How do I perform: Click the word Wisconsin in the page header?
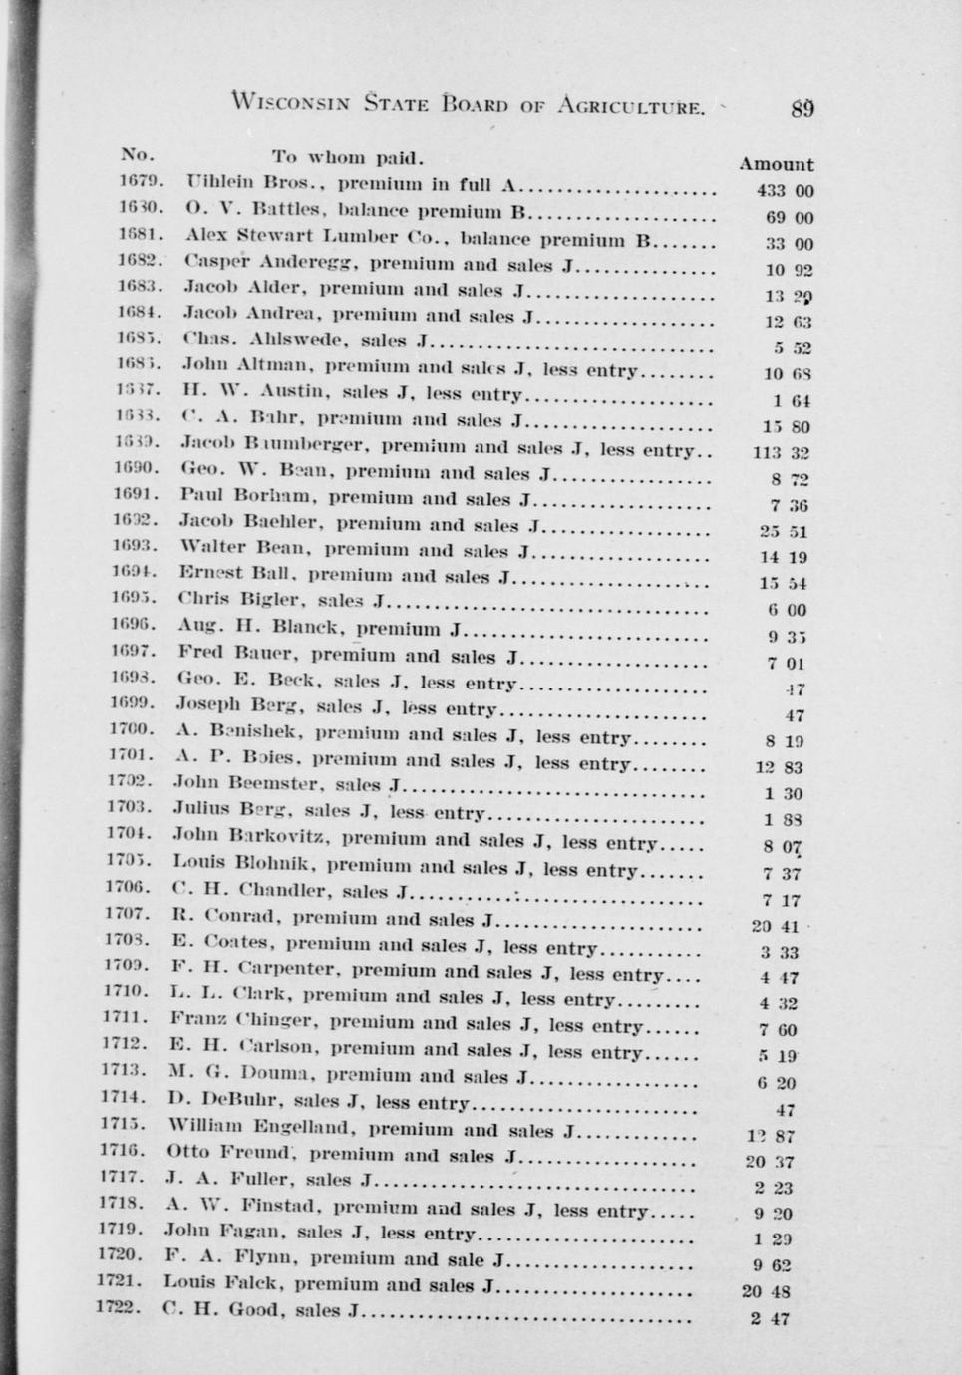click(290, 101)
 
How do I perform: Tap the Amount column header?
click(776, 164)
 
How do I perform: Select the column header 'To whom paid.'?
click(348, 157)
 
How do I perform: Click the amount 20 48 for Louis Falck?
click(766, 1292)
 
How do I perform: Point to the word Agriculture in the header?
click(631, 104)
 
